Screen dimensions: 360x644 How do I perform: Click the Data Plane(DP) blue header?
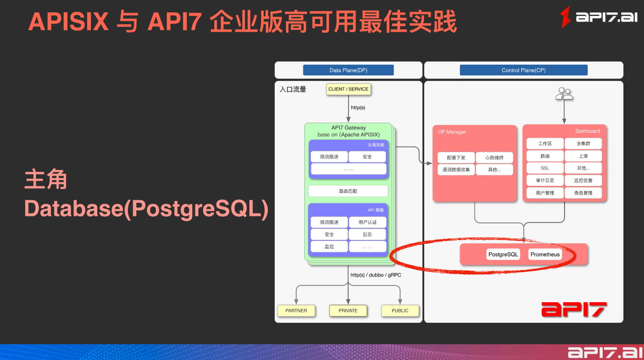pyautogui.click(x=348, y=70)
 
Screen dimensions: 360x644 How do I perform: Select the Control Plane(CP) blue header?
pyautogui.click(x=523, y=70)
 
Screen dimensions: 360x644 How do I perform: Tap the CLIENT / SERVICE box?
pyautogui.click(x=348, y=89)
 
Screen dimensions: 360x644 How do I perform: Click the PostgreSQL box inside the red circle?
pyautogui.click(x=503, y=254)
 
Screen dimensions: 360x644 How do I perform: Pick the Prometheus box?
pyautogui.click(x=545, y=254)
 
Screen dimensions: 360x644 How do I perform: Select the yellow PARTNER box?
pyautogui.click(x=296, y=311)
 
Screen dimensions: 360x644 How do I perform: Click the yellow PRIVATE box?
pyautogui.click(x=348, y=311)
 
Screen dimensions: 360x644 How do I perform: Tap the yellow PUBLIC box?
pyautogui.click(x=400, y=311)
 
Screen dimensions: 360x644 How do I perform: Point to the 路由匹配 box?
pyautogui.click(x=348, y=191)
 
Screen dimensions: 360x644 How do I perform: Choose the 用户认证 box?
pyautogui.click(x=367, y=222)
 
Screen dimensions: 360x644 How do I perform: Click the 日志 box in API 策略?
pyautogui.click(x=367, y=234)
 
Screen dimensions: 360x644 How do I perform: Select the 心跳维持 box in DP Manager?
pyautogui.click(x=494, y=158)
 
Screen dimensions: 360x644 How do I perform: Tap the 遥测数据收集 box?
pyautogui.click(x=456, y=170)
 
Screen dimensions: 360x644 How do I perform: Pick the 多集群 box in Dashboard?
pyautogui.click(x=583, y=144)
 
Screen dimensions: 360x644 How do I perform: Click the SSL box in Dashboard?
pyautogui.click(x=545, y=168)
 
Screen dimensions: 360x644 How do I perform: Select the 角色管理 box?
pyautogui.click(x=583, y=193)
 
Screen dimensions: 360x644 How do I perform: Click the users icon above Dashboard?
pyautogui.click(x=564, y=94)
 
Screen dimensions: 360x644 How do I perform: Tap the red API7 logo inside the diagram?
pyautogui.click(x=574, y=309)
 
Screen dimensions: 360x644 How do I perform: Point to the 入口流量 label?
pyautogui.click(x=293, y=89)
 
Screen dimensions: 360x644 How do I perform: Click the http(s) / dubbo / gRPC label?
pyautogui.click(x=375, y=275)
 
